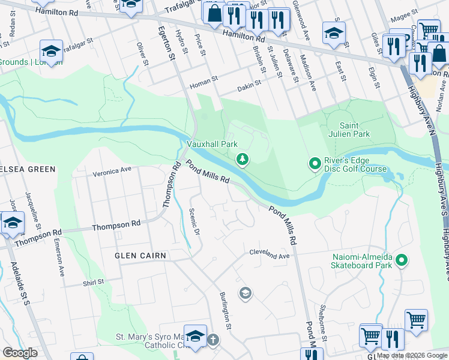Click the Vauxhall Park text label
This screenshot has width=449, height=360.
pos(212,145)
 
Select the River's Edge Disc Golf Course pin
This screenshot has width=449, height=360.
pos(314,163)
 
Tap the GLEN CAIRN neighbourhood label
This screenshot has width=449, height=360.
pos(140,256)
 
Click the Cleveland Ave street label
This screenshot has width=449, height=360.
pos(270,254)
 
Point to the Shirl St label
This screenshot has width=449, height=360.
pos(93,281)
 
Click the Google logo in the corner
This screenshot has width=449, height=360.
pos(20,353)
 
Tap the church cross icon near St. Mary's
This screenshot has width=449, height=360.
pos(212,340)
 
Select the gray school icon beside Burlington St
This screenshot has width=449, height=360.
pos(245,293)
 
